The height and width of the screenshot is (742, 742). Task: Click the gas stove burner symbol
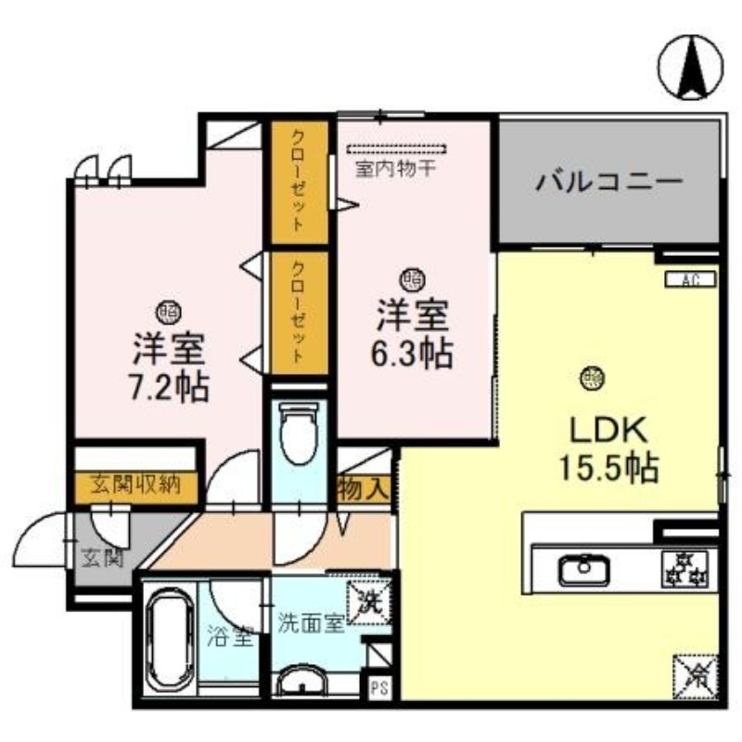coord(684,567)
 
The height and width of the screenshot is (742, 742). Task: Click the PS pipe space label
coord(378,688)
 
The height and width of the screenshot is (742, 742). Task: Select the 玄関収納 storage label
coord(135,483)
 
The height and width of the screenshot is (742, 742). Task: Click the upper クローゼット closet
coord(299,181)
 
